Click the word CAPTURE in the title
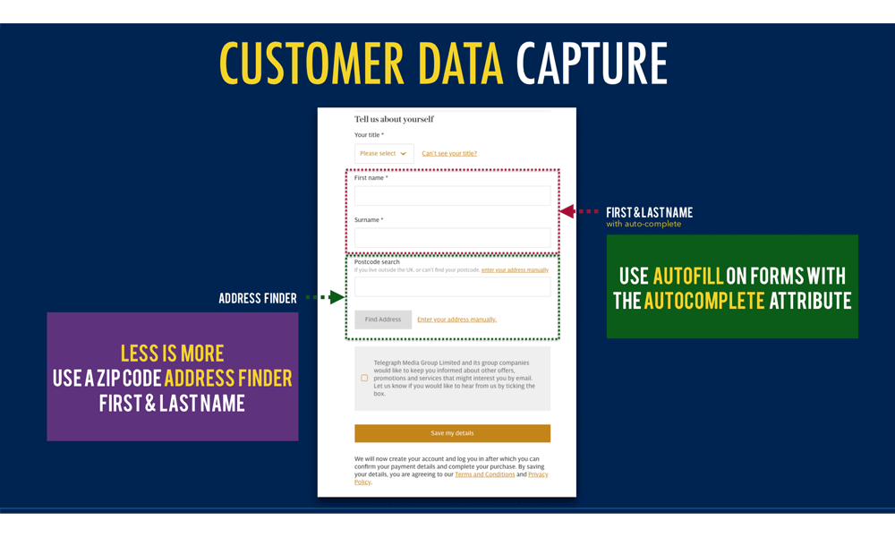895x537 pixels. (592, 64)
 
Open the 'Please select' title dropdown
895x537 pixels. (384, 153)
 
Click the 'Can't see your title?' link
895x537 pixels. (449, 154)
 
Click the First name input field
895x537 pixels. (452, 195)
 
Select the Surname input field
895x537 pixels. (452, 237)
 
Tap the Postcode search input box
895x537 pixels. (452, 286)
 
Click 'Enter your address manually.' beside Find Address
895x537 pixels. (456, 320)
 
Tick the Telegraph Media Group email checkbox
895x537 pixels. (364, 379)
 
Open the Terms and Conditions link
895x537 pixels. (484, 474)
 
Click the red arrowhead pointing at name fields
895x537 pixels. (567, 211)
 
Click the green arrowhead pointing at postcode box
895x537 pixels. (337, 297)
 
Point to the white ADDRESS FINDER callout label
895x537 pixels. (258, 299)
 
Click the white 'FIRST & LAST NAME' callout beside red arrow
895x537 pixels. (649, 213)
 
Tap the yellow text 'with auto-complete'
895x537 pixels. (644, 225)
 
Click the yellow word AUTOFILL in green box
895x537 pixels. (686, 276)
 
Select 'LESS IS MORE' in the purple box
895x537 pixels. (173, 353)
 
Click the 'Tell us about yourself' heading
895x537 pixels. (394, 119)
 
